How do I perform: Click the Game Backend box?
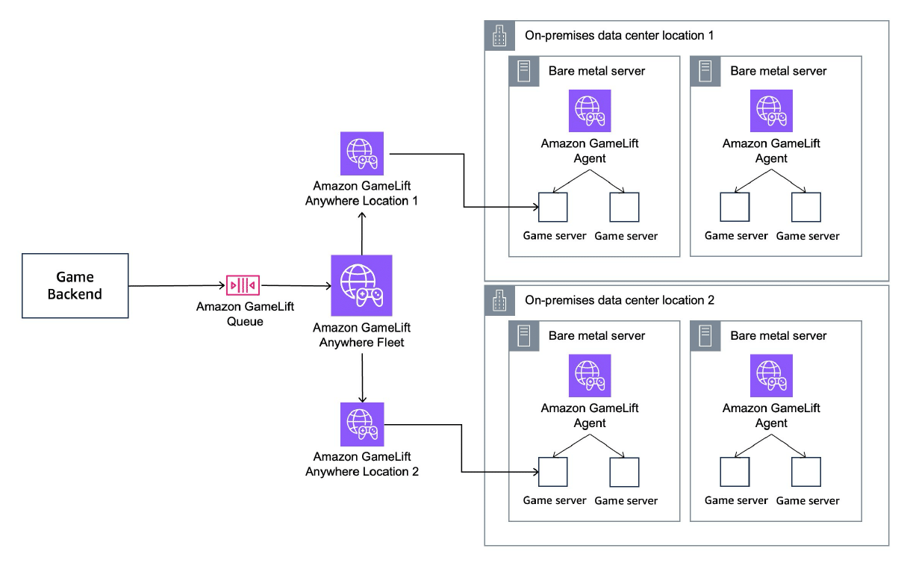pyautogui.click(x=75, y=286)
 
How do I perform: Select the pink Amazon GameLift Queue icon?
pyautogui.click(x=243, y=286)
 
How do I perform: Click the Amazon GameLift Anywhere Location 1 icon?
pyautogui.click(x=361, y=154)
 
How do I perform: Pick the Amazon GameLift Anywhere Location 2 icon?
pyautogui.click(x=361, y=424)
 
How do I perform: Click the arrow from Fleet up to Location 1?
pyautogui.click(x=361, y=233)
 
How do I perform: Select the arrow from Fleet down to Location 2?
pyautogui.click(x=361, y=378)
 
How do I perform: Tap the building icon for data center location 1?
pyautogui.click(x=499, y=36)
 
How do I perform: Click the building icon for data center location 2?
pyautogui.click(x=499, y=300)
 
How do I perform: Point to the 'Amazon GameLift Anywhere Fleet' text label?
pyautogui.click(x=361, y=335)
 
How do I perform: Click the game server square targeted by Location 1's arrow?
pyautogui.click(x=553, y=208)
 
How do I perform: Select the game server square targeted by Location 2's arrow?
pyautogui.click(x=553, y=472)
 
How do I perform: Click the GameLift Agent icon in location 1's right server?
pyautogui.click(x=771, y=111)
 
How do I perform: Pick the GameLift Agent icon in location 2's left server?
pyautogui.click(x=590, y=375)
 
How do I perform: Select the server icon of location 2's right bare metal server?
pyautogui.click(x=705, y=336)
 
